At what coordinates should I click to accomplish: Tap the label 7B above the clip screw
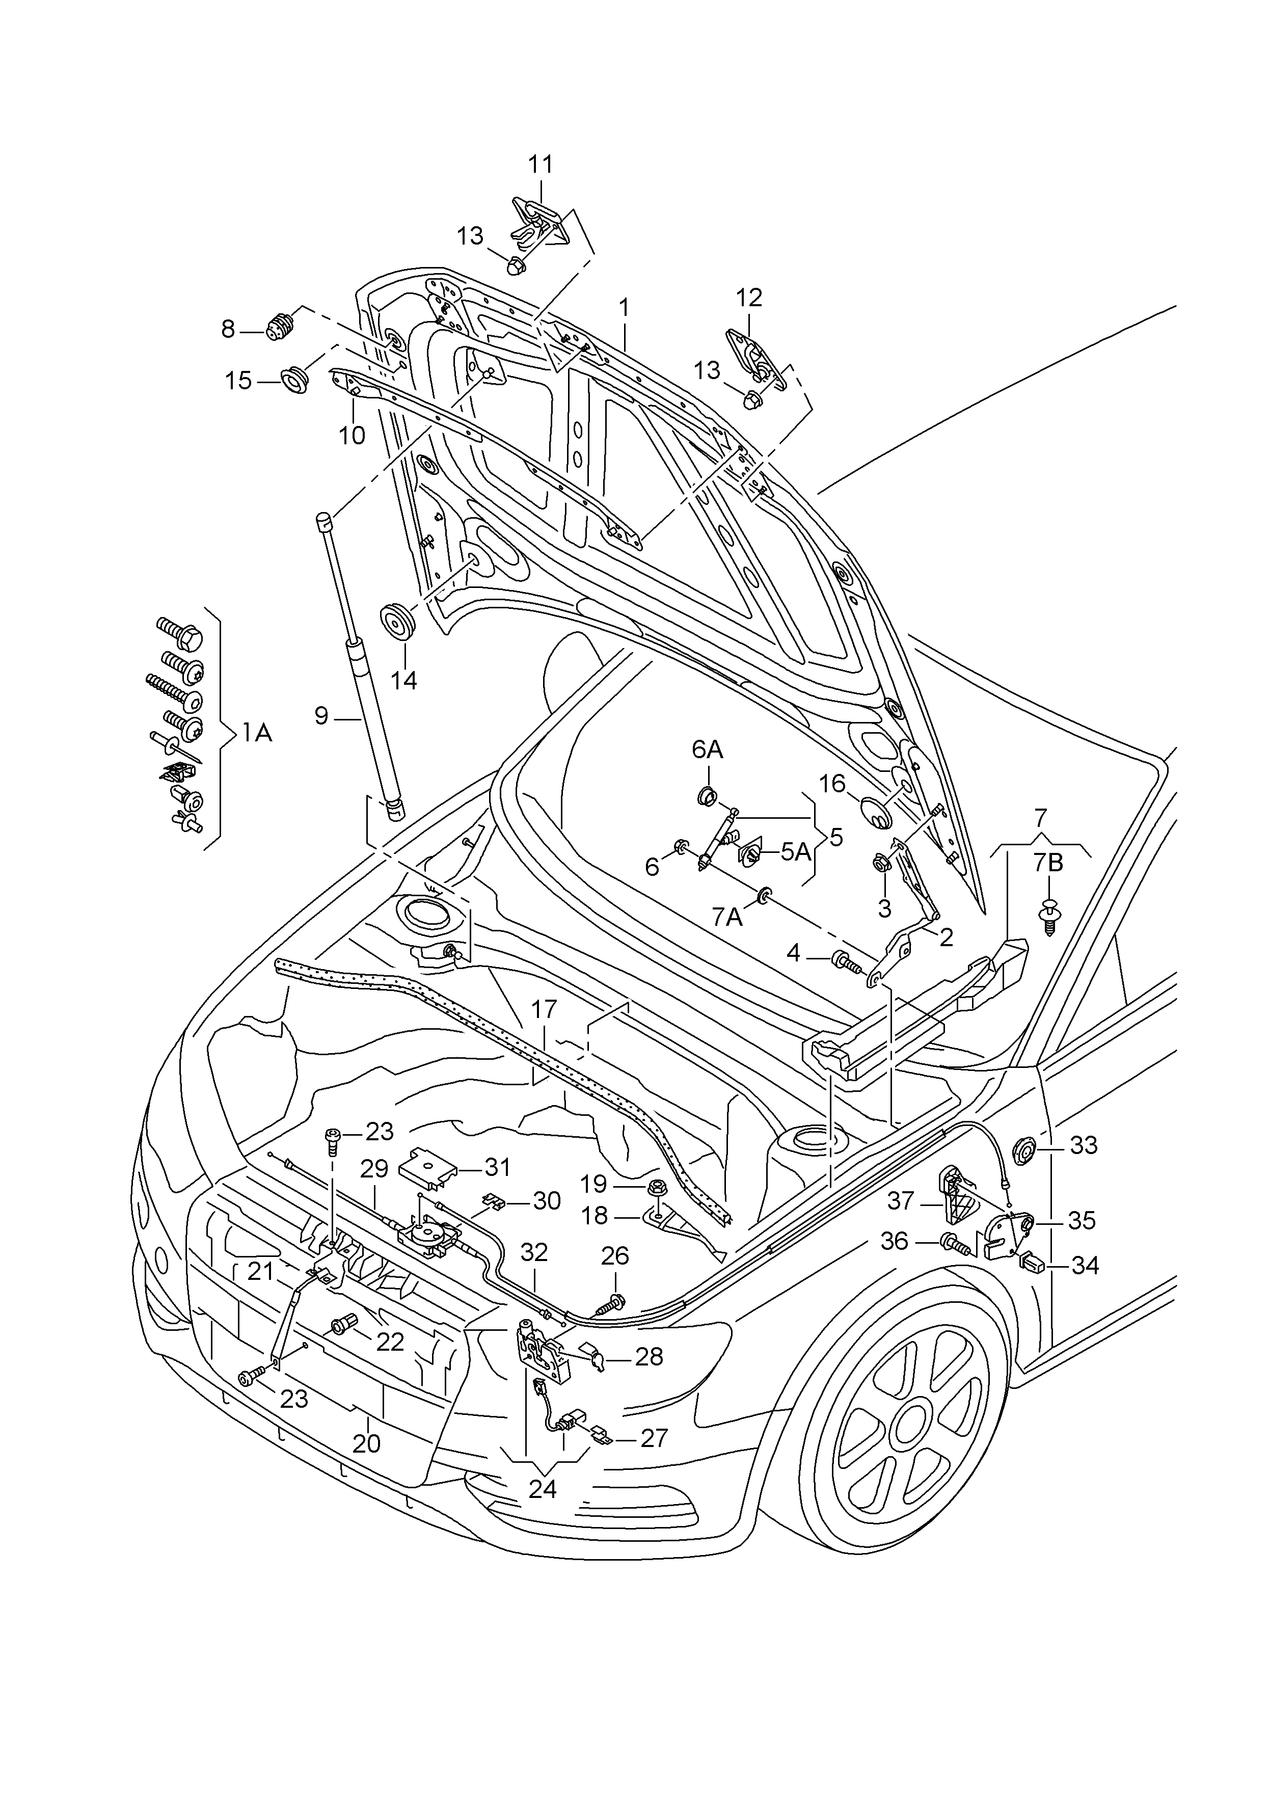(1048, 863)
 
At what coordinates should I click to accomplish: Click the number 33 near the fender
(1084, 1145)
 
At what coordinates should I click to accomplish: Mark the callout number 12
(748, 298)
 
